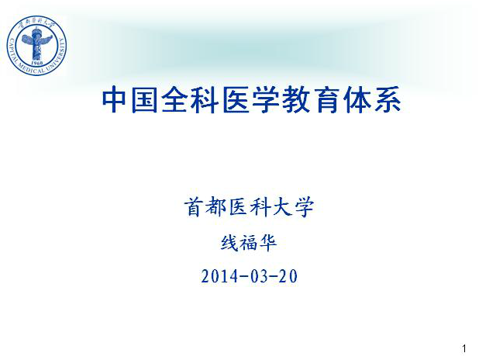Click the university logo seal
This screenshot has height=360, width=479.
click(36, 46)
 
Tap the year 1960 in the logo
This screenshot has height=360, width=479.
click(37, 63)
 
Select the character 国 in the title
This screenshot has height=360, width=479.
click(144, 100)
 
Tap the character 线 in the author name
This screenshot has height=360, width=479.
click(229, 243)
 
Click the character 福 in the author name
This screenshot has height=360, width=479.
click(248, 243)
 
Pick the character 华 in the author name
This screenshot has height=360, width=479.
click(267, 243)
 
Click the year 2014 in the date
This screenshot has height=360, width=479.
click(219, 276)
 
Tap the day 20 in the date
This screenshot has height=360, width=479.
click(288, 276)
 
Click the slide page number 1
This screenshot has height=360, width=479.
click(464, 348)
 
